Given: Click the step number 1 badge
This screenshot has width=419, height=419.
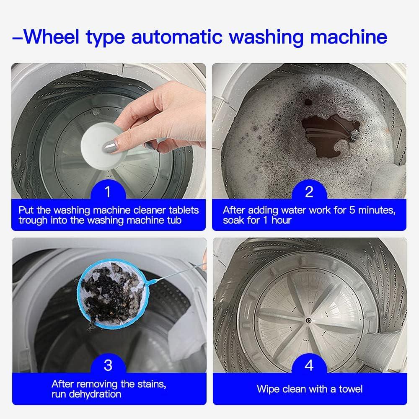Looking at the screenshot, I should (x=108, y=192).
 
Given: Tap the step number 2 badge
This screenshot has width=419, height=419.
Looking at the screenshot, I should (x=309, y=192).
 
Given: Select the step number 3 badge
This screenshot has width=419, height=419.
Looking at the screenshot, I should (x=108, y=365).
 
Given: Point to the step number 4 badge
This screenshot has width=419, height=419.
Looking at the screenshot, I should (x=309, y=365).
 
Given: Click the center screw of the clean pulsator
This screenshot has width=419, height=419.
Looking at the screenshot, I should (x=308, y=321).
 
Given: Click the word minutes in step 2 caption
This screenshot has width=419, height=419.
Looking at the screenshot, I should (x=371, y=209).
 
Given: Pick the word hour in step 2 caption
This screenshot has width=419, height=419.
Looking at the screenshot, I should (x=281, y=220).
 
